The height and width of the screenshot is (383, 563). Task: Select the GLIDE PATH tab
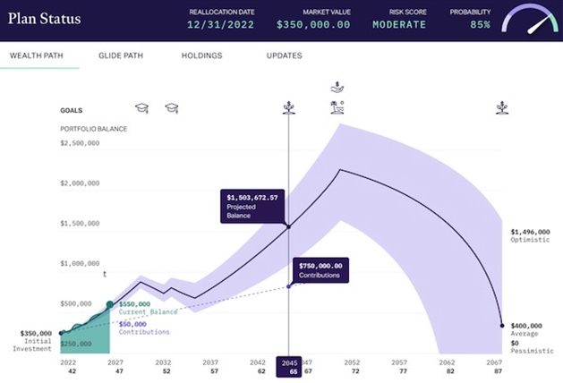point(119,55)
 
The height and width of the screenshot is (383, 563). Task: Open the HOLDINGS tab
point(201,55)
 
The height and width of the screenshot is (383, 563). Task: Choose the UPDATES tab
point(284,55)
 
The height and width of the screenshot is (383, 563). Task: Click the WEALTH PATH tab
point(36,55)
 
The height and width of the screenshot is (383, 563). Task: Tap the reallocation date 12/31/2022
point(224,25)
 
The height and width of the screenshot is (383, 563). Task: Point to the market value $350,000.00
point(312,25)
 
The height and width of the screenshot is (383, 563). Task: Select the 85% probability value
point(480,25)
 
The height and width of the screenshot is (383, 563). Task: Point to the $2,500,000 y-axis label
point(80,143)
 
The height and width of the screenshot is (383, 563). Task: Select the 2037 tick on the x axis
point(211,362)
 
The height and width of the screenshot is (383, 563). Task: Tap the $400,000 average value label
point(527,326)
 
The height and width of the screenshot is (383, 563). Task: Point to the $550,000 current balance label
point(134,305)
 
